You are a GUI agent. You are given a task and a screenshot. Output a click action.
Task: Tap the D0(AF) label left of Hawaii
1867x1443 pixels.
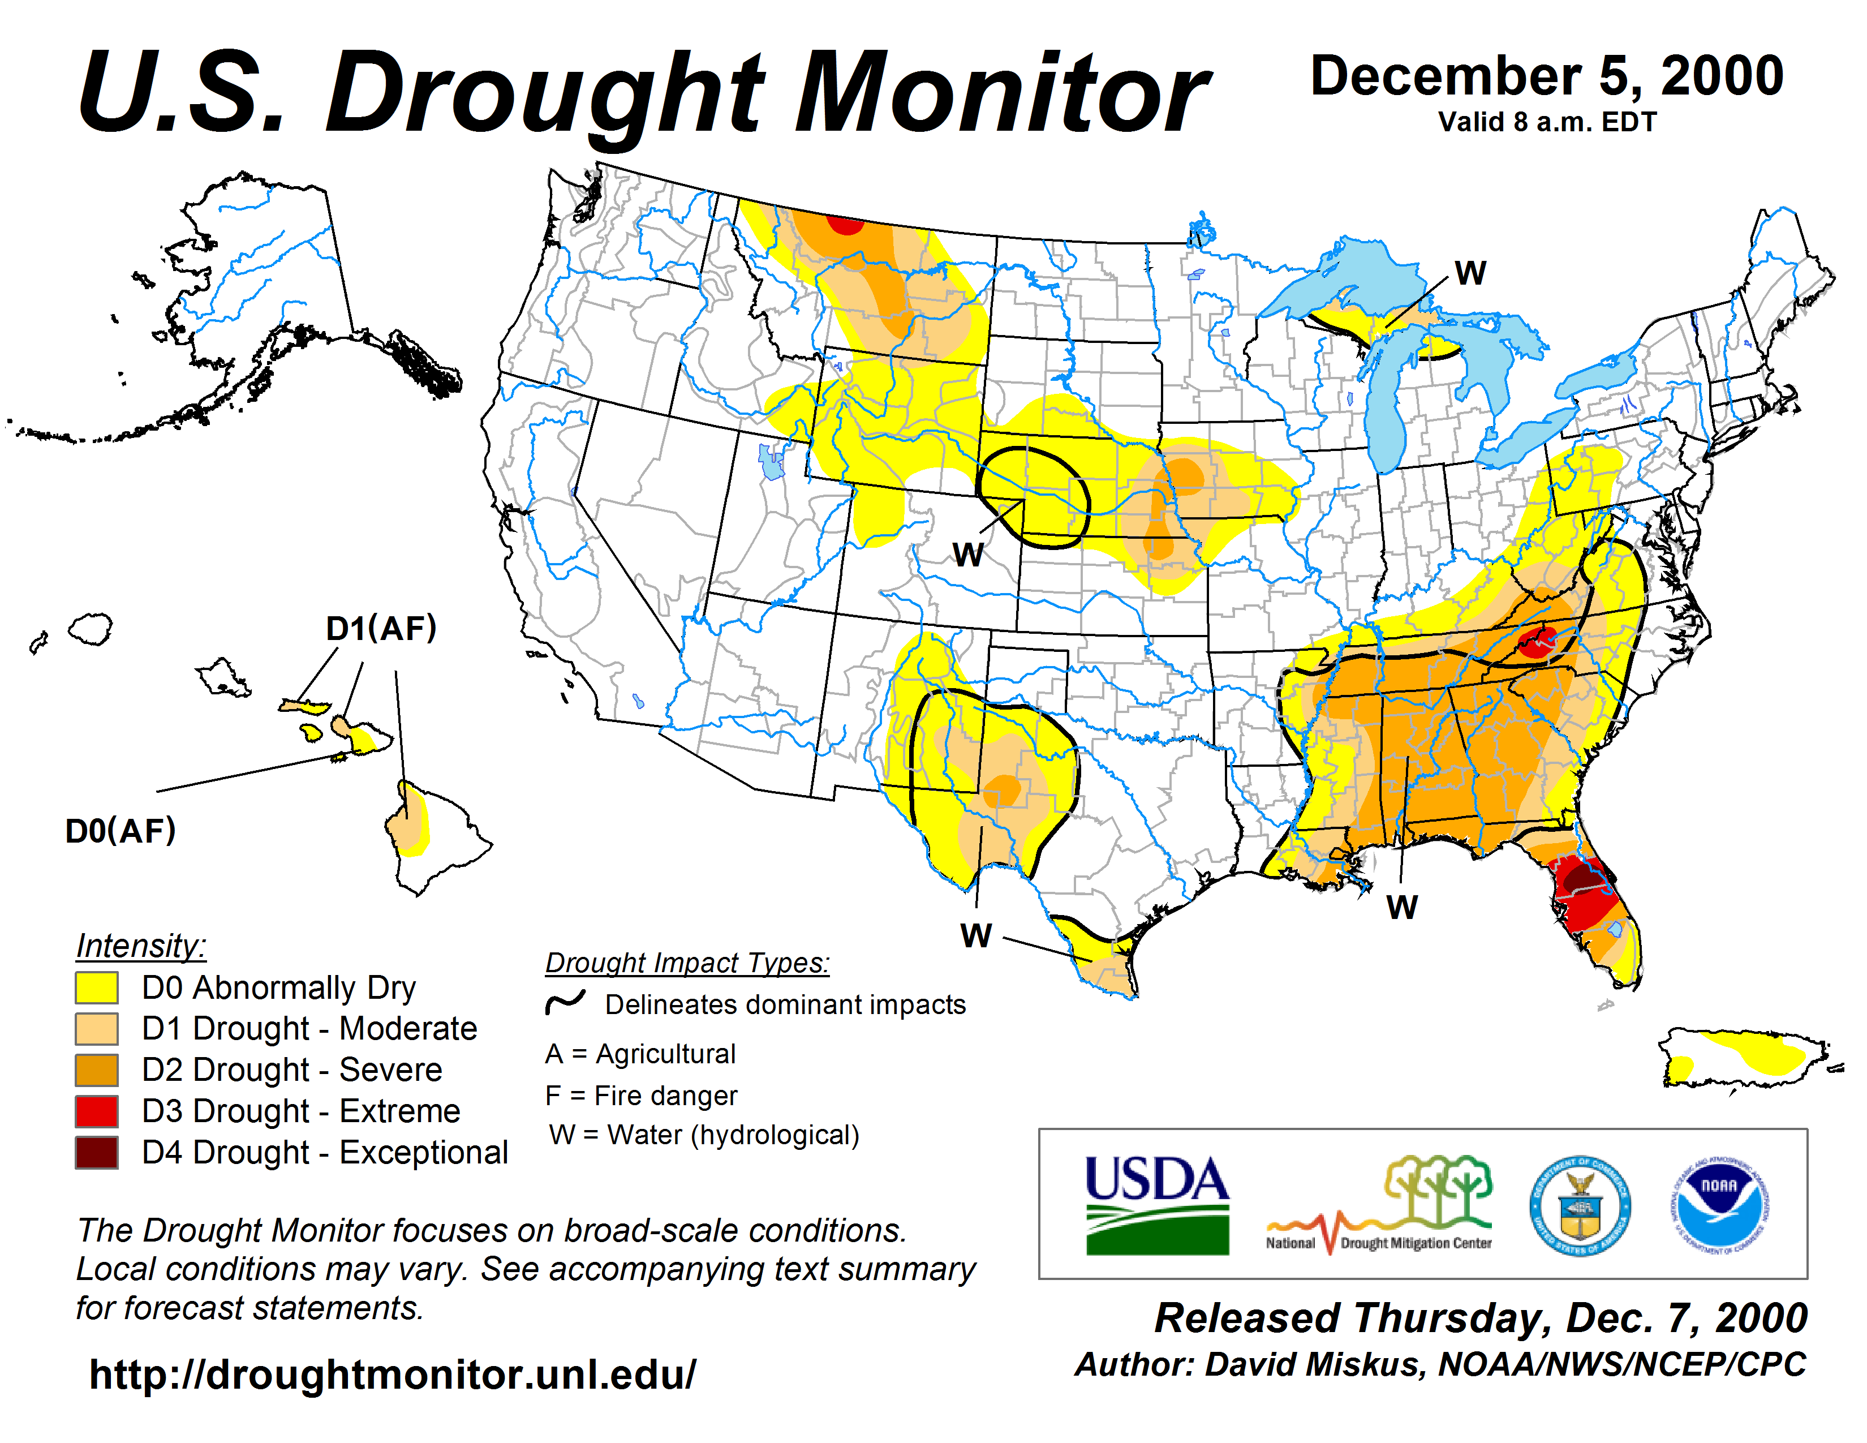pyautogui.click(x=121, y=830)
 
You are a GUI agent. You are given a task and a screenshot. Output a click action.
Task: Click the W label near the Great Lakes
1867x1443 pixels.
pyautogui.click(x=1470, y=273)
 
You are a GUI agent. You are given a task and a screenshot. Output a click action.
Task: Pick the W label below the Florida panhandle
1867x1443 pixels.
pyautogui.click(x=1402, y=907)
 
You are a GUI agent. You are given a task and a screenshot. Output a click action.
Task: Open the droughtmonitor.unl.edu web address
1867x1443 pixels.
pyautogui.click(x=393, y=1375)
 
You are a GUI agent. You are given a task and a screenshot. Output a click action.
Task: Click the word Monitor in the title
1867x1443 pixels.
pyautogui.click(x=1000, y=92)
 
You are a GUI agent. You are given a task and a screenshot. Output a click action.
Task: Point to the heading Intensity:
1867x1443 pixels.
pyautogui.click(x=141, y=946)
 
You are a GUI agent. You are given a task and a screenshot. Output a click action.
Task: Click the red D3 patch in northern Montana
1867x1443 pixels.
pyautogui.click(x=846, y=224)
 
